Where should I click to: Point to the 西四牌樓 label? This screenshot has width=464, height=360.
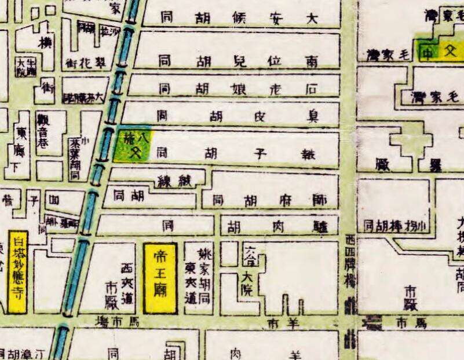coord(349,258)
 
